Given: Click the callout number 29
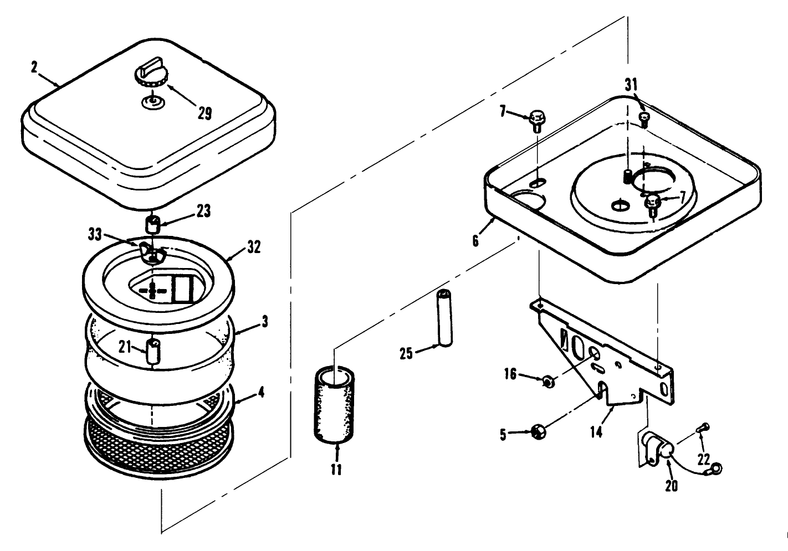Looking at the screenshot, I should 204,114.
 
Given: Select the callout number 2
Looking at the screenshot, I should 34,68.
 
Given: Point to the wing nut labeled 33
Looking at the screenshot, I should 152,252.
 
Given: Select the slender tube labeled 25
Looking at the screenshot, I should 444,318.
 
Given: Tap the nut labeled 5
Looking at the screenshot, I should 538,431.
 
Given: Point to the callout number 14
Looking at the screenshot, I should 596,432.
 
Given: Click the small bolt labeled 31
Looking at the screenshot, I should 644,118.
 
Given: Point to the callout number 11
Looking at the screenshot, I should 336,470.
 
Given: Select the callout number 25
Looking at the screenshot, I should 406,353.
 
